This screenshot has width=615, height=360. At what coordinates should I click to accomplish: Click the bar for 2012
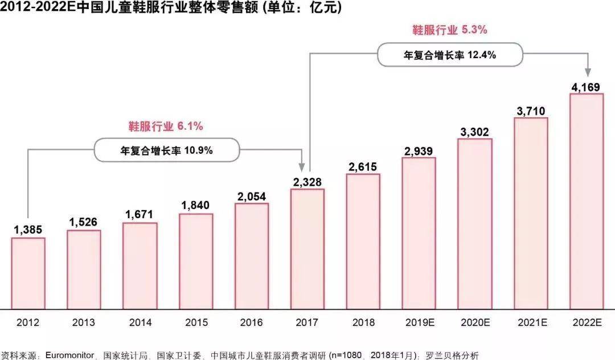point(28,273)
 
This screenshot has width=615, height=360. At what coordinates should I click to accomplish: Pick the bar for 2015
point(196,261)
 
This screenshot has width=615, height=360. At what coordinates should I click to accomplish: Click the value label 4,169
point(587,87)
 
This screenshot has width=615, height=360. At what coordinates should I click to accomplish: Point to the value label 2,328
point(307,182)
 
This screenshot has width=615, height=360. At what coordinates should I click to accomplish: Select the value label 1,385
point(28,230)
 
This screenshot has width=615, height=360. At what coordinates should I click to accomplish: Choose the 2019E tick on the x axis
point(419,322)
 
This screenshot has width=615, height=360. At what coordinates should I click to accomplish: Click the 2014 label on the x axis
point(140,322)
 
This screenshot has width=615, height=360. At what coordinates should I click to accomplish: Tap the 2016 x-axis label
point(252,322)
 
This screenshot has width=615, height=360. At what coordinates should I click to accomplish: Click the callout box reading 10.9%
point(166,150)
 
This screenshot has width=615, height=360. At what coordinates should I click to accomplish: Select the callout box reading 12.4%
point(450,55)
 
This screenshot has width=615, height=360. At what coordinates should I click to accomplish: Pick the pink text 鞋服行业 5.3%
point(449,30)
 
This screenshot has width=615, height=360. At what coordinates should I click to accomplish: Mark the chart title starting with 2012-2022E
point(171,9)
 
